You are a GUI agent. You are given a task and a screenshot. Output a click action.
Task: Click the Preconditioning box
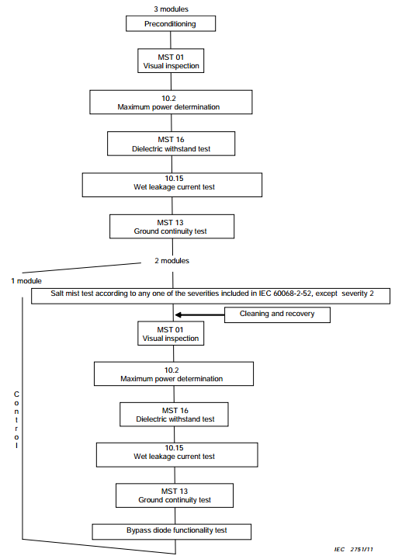tap(171, 24)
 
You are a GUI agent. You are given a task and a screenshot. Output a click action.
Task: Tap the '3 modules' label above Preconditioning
tap(171, 9)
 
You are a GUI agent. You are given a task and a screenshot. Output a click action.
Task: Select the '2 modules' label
tap(172, 261)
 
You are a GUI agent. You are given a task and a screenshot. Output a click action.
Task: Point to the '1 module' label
tap(26, 281)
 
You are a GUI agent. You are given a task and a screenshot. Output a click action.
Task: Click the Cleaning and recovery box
tap(277, 314)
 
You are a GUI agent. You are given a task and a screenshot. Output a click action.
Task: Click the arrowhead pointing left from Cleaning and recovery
tap(179, 314)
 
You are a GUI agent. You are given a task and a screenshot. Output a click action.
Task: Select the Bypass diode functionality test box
tap(172, 531)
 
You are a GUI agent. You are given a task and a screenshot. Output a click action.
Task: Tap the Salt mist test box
tap(211, 296)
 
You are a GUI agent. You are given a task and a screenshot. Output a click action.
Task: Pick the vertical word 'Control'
tap(16, 420)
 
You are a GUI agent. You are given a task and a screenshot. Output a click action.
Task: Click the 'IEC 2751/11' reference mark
tap(354, 549)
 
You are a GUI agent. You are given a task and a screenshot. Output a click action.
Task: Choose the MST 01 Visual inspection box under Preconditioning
tap(171, 61)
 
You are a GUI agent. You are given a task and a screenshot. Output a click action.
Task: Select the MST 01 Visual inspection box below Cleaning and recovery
tap(171, 333)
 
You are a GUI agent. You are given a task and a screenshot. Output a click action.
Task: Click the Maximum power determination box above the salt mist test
tap(171, 103)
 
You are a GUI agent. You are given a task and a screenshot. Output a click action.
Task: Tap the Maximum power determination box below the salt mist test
tap(174, 374)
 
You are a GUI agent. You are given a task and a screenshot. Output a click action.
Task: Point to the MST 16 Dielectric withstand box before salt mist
tap(171, 144)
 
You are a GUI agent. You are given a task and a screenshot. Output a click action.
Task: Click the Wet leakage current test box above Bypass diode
tap(177, 454)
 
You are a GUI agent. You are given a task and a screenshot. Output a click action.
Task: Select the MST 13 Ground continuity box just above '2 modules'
tap(172, 226)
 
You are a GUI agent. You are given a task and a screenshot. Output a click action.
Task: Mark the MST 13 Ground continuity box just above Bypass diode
tap(175, 495)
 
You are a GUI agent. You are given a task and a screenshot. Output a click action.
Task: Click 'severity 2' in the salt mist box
tap(358, 294)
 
